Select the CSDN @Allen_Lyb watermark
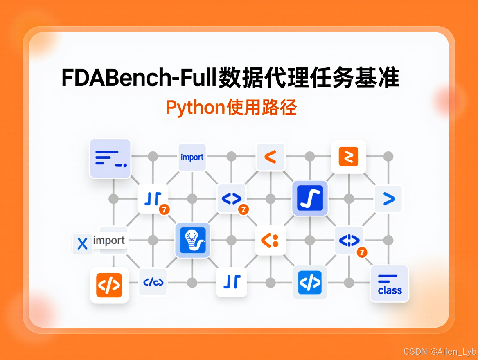(440, 352)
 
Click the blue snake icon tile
(193, 240)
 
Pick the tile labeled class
(390, 284)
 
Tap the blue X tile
(83, 244)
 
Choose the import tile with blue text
(192, 157)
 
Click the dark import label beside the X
(109, 241)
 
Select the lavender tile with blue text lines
(110, 159)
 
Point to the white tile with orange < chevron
(270, 157)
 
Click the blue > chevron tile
(388, 199)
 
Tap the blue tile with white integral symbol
(310, 198)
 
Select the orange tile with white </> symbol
(109, 285)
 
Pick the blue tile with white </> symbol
(310, 282)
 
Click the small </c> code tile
(153, 282)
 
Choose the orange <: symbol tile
(270, 240)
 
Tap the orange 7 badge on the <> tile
(244, 210)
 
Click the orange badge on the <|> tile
(361, 252)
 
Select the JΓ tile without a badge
(231, 282)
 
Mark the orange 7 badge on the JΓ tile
(164, 209)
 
